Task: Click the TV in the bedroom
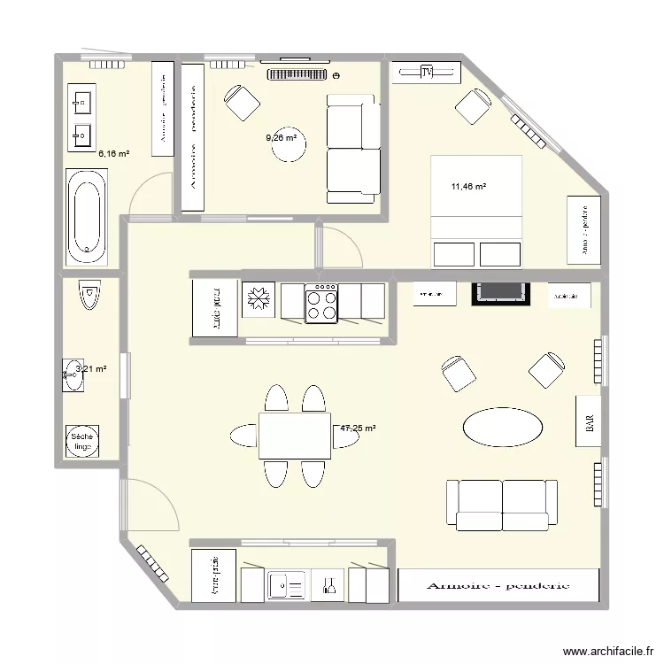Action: click(x=427, y=73)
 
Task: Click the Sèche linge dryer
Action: click(x=83, y=441)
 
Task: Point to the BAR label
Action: click(x=589, y=425)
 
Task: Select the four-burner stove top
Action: click(x=320, y=304)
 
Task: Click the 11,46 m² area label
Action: click(x=469, y=187)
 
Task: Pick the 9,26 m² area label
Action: click(x=282, y=137)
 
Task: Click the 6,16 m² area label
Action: click(x=114, y=153)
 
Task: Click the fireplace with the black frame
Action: click(x=500, y=293)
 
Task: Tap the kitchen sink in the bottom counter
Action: click(x=286, y=584)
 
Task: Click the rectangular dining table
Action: click(x=295, y=435)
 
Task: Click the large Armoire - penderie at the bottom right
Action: click(x=498, y=585)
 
